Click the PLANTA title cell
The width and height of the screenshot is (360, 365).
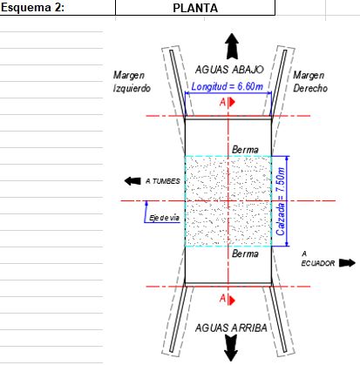pos(195,8)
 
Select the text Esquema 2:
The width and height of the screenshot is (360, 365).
pos(32,8)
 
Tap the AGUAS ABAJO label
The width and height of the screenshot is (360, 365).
pos(229,70)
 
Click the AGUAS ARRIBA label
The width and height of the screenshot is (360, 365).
pos(231,328)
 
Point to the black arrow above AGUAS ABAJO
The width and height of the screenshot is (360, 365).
pos(232,46)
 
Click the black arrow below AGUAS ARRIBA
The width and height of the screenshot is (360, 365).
pos(231,348)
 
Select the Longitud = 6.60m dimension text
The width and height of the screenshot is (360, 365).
pos(228,86)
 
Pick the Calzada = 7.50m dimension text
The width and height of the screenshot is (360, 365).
pos(281,201)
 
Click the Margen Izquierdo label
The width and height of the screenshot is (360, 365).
pos(132,82)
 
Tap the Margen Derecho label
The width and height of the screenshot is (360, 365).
pos(310,82)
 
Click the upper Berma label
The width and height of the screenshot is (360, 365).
pos(245,150)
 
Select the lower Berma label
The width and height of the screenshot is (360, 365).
pos(245,253)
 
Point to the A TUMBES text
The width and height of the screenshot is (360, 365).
pos(163,181)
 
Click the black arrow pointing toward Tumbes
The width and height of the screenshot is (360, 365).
pos(132,181)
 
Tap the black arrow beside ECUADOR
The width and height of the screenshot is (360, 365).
pos(347,263)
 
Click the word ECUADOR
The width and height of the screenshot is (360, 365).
pos(318,263)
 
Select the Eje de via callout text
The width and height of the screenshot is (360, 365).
pos(165,218)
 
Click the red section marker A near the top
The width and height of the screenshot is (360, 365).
pos(228,102)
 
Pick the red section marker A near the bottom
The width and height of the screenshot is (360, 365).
pos(228,299)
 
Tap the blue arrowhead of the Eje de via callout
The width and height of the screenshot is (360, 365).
pos(146,203)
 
